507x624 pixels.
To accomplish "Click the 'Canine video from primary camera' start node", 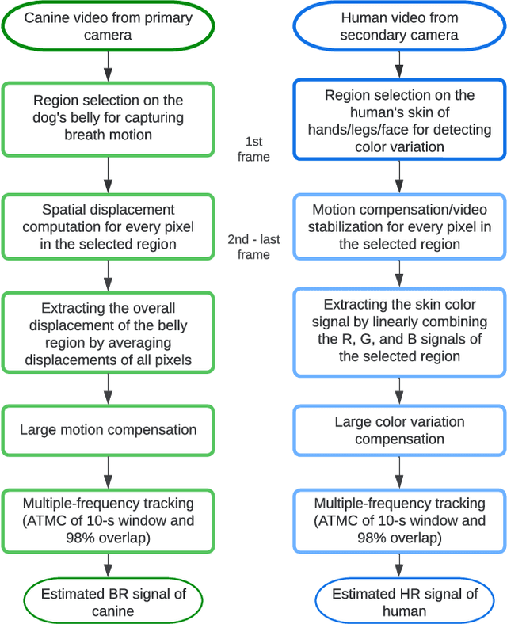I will coord(108,25).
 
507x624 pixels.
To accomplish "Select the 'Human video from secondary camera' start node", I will coord(399,25).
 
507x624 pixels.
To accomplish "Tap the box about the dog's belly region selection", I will coord(108,116).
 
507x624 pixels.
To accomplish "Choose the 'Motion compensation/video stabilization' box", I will coord(399,227).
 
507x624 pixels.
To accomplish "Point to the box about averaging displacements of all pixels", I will coord(108,333).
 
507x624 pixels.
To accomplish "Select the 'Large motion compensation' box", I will coord(108,431).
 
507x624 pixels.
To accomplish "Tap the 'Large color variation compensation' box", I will coord(399,431).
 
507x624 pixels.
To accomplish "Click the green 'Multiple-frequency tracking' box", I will coord(108,519).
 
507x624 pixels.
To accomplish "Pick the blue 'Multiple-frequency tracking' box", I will coord(399,519).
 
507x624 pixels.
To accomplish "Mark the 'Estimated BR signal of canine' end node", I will coord(108,603).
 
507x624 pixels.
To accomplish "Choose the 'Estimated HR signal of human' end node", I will coord(399,603).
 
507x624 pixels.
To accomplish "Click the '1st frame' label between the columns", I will coord(253,149).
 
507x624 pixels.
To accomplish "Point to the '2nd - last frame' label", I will coord(253,246).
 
